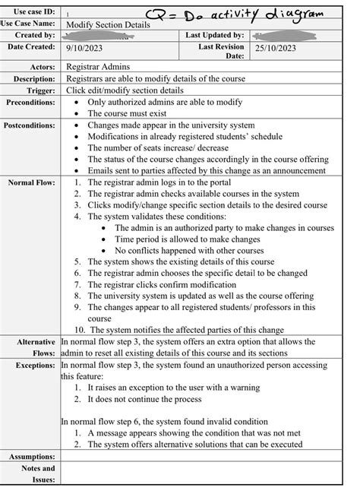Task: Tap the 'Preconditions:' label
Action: [30, 102]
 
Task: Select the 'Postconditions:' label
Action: [30, 125]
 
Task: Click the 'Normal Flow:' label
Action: [32, 183]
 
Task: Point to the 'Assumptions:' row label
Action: [32, 456]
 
